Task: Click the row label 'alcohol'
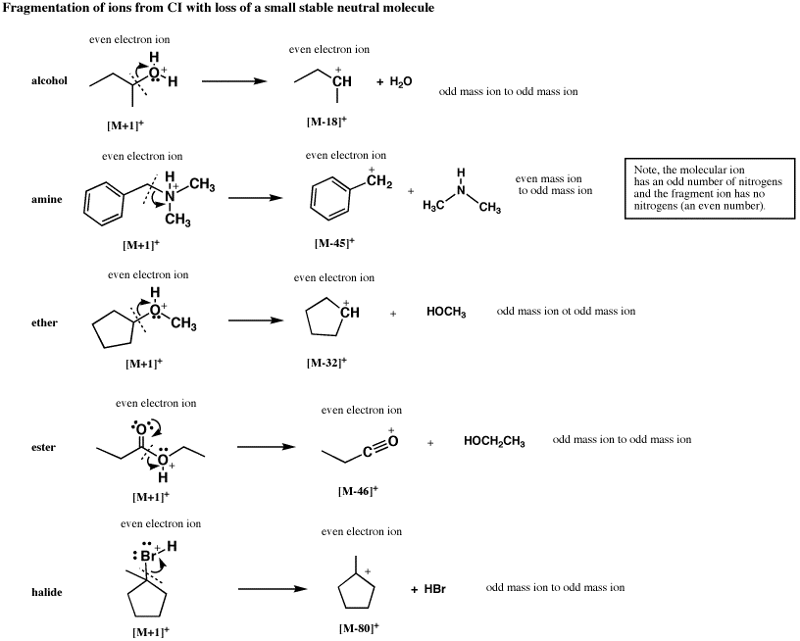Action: coord(49,80)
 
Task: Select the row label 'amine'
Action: coord(46,199)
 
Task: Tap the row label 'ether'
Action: coord(45,321)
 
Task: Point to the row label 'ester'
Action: coord(44,447)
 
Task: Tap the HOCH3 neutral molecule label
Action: coord(446,312)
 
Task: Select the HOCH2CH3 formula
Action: coord(494,441)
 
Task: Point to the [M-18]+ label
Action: coord(326,121)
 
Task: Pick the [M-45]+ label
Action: coord(334,241)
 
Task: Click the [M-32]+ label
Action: coord(326,363)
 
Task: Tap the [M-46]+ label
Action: coord(359,489)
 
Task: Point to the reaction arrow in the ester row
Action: coord(267,447)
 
